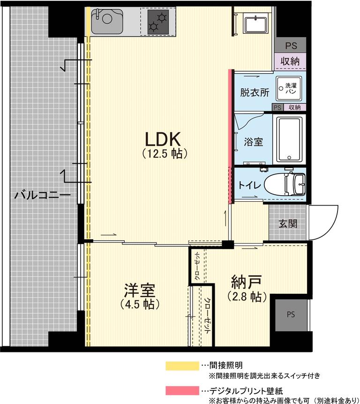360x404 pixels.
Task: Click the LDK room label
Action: [x=162, y=139]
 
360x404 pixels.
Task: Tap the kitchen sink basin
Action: [x=107, y=22]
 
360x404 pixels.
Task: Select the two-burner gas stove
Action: [x=158, y=22]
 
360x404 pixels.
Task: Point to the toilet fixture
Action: [x=285, y=184]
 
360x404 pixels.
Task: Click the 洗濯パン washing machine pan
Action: [x=289, y=88]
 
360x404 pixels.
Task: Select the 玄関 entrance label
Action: [x=288, y=223]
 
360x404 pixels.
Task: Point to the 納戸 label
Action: [x=246, y=282]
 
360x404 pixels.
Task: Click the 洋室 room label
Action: [x=140, y=290]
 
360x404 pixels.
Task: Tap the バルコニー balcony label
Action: [x=42, y=195]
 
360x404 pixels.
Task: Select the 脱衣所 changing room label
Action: [x=255, y=92]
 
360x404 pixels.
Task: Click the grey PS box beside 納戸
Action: [x=291, y=314]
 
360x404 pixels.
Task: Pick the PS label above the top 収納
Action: [x=291, y=46]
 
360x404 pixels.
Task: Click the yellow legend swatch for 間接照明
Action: [x=182, y=366]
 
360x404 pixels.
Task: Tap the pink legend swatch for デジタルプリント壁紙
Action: [x=182, y=390]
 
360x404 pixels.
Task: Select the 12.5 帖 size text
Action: [x=165, y=154]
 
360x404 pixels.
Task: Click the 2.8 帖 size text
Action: [x=247, y=297]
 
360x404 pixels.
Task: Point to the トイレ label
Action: [x=249, y=185]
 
